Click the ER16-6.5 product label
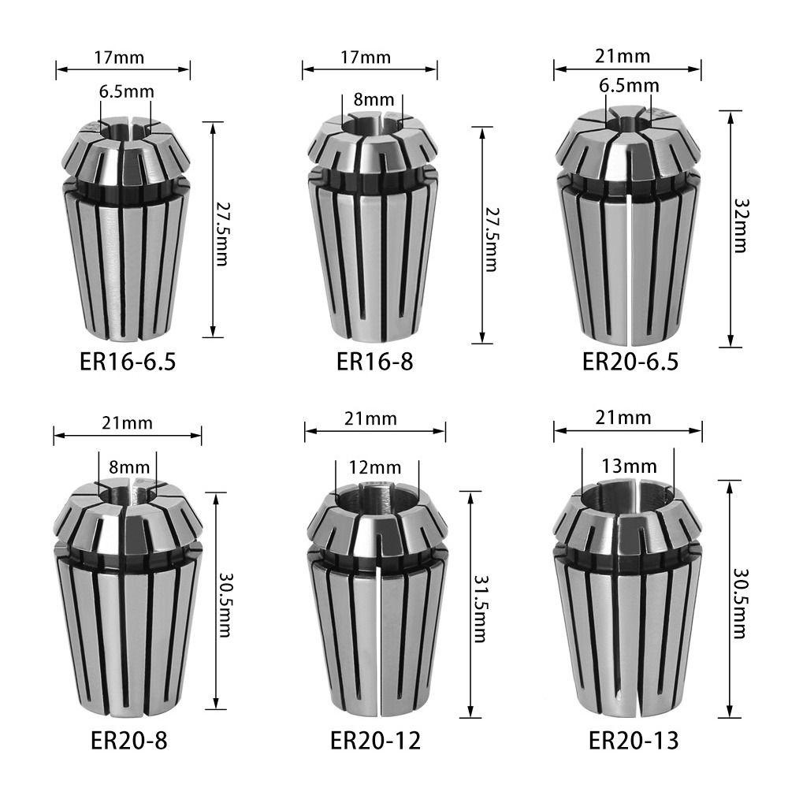(128, 362)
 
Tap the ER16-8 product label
(375, 362)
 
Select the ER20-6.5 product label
(630, 362)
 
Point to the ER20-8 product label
(129, 740)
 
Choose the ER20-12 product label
(375, 740)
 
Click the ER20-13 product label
(634, 740)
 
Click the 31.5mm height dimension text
(481, 609)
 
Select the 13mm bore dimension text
(629, 466)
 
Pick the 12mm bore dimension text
(375, 468)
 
